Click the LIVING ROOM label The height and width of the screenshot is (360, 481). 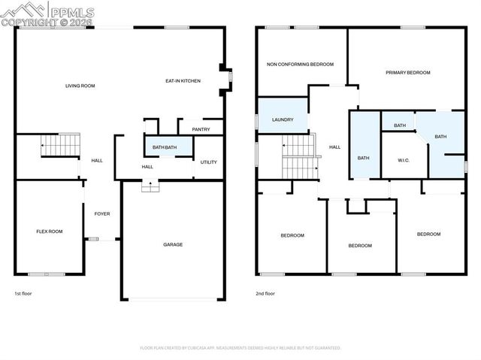[80, 86]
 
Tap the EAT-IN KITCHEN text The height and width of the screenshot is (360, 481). [183, 80]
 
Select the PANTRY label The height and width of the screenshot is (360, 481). [201, 129]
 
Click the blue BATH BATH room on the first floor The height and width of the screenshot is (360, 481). [165, 147]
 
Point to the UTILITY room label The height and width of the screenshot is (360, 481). [208, 162]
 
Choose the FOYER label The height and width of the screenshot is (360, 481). [102, 213]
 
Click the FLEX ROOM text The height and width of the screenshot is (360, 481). [50, 231]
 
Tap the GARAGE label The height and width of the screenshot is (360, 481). [173, 244]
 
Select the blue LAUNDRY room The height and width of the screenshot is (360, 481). [283, 119]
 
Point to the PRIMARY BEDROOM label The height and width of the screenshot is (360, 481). [407, 72]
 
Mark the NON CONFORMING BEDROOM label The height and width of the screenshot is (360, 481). [300, 65]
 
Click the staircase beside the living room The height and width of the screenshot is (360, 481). [59, 144]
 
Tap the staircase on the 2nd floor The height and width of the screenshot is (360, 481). [298, 156]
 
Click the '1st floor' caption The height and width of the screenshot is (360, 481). [23, 294]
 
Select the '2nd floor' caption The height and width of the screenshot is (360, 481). [265, 294]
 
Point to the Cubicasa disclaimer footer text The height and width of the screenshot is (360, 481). [240, 348]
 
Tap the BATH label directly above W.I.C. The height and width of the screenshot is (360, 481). [400, 126]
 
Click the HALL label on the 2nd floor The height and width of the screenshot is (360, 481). [334, 147]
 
